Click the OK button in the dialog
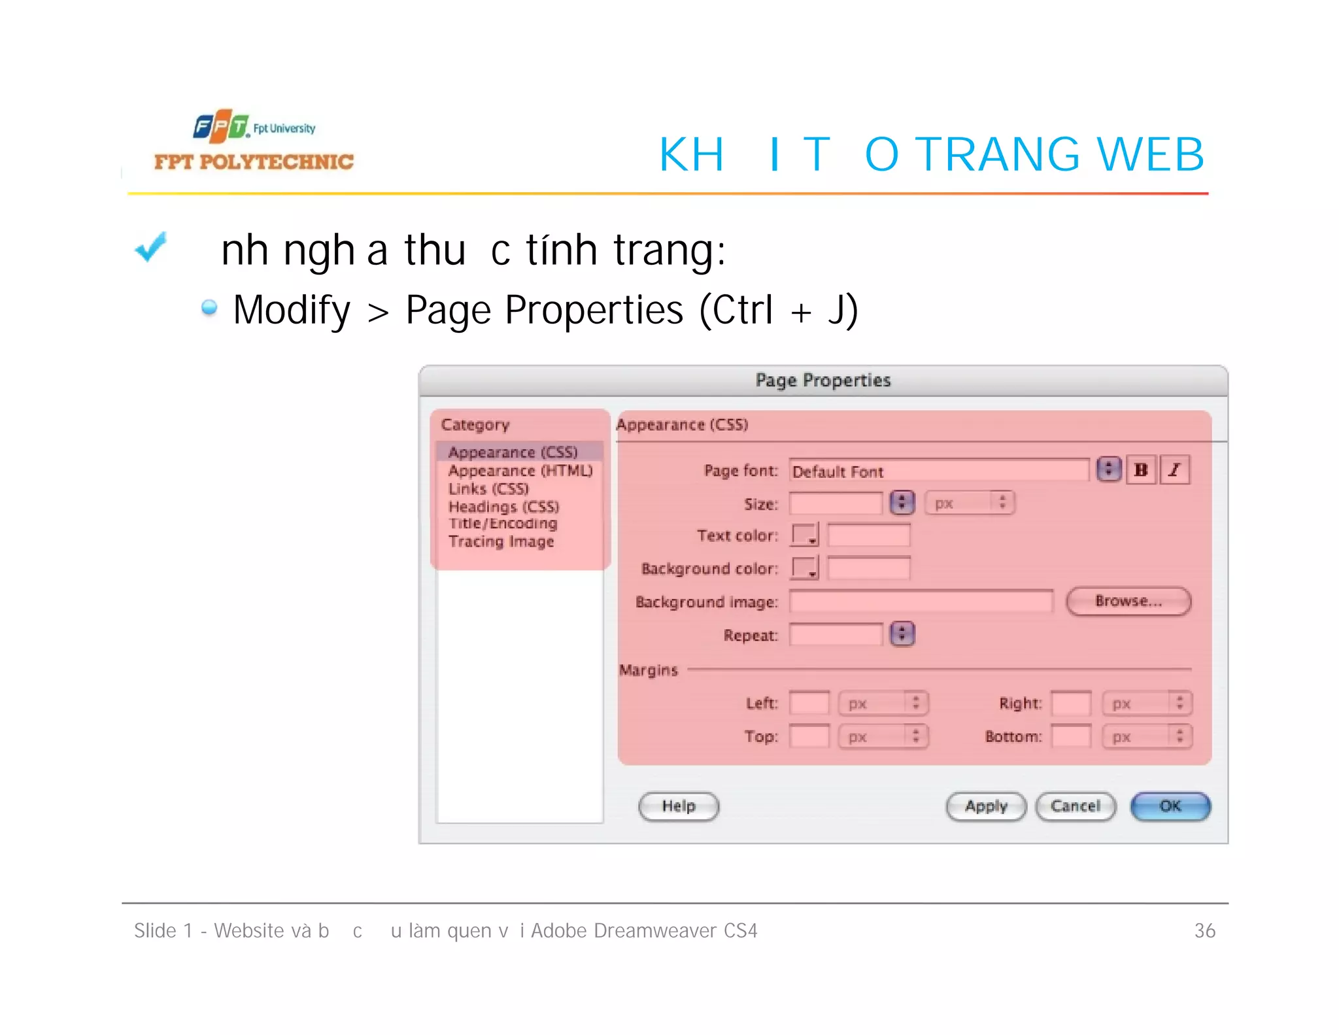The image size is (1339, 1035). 1170,806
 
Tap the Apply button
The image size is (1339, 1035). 986,806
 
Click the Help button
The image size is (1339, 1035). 679,806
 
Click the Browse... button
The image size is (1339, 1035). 1128,601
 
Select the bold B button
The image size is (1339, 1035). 1142,470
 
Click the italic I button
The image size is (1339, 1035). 1175,470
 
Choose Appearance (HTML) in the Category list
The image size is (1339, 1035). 520,471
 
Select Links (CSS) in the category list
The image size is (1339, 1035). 488,488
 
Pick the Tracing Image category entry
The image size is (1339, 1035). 501,541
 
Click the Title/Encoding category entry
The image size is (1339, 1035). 503,523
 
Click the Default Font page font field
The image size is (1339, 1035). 938,471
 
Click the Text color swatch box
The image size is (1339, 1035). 804,535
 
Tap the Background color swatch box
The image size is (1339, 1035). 804,568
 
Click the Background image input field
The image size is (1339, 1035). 921,602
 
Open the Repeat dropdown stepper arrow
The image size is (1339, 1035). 902,634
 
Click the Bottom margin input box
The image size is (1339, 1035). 1071,736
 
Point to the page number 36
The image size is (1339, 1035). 1204,930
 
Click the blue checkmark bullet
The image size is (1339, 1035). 151,248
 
